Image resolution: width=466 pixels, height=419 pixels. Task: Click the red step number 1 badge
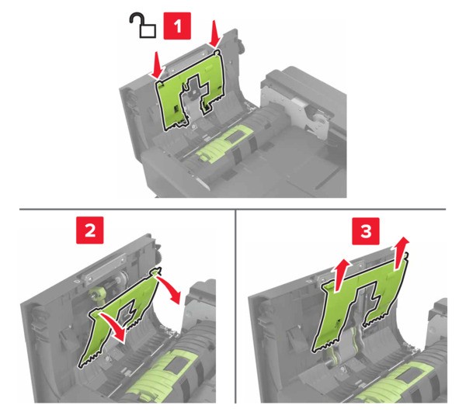pyautogui.click(x=177, y=26)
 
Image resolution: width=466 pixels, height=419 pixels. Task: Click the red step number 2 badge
pyautogui.click(x=90, y=230)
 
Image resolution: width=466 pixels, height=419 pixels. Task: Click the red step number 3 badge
pyautogui.click(x=366, y=231)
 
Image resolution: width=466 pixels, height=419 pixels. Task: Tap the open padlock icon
pyautogui.click(x=143, y=26)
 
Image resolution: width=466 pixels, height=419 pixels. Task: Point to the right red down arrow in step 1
pyautogui.click(x=214, y=34)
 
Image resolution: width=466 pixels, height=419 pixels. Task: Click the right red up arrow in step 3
pyautogui.click(x=402, y=253)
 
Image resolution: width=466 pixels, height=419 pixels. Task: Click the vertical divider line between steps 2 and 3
pyautogui.click(x=235, y=306)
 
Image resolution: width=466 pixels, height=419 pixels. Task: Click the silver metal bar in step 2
pyautogui.click(x=105, y=268)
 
